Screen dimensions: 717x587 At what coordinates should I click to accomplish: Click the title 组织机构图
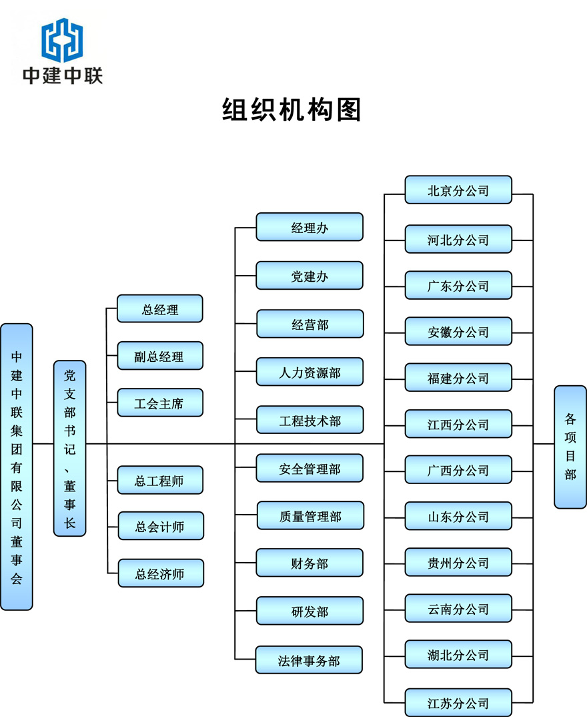pyautogui.click(x=291, y=109)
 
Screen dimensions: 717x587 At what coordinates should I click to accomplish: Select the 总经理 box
pyautogui.click(x=159, y=309)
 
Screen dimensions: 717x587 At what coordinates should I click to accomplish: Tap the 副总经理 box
pyautogui.click(x=159, y=356)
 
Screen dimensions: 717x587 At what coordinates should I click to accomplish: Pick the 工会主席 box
pyautogui.click(x=159, y=403)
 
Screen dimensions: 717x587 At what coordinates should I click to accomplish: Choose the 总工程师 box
pyautogui.click(x=160, y=481)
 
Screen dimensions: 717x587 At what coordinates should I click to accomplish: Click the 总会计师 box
pyautogui.click(x=160, y=527)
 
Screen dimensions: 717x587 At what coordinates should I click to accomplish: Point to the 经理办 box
pyautogui.click(x=310, y=228)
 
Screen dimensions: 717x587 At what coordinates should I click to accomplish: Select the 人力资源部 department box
pyautogui.click(x=310, y=372)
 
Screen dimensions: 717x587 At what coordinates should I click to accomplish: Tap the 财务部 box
pyautogui.click(x=310, y=563)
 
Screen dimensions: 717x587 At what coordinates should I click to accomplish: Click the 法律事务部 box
pyautogui.click(x=310, y=660)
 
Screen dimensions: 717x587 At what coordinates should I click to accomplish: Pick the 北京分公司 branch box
pyautogui.click(x=458, y=190)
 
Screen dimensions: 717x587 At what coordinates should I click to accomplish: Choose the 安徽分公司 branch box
pyautogui.click(x=458, y=332)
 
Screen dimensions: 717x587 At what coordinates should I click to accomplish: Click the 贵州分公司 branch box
pyautogui.click(x=458, y=563)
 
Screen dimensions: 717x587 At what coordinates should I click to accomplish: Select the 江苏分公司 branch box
pyautogui.click(x=458, y=703)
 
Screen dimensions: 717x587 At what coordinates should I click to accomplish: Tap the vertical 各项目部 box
pyautogui.click(x=570, y=447)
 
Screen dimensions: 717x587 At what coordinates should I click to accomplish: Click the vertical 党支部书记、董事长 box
pyautogui.click(x=70, y=448)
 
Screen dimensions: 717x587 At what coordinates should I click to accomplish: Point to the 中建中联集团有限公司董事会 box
pyautogui.click(x=17, y=467)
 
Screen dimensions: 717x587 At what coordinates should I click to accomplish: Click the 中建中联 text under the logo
pyautogui.click(x=63, y=75)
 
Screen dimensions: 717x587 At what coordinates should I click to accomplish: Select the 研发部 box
pyautogui.click(x=310, y=612)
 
